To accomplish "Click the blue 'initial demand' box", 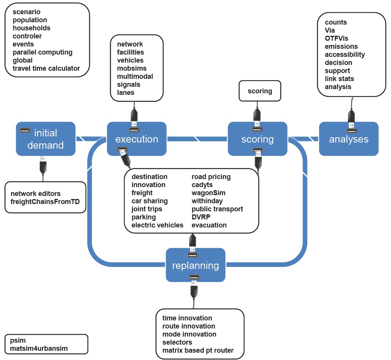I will (x=45, y=139).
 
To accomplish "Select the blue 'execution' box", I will (x=136, y=139).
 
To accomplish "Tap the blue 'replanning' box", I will (x=195, y=265).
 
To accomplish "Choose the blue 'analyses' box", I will (x=348, y=139).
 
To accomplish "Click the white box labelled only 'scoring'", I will (x=260, y=91).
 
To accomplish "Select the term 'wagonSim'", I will (x=208, y=193).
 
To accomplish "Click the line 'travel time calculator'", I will (x=46, y=68).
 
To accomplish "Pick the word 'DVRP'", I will (x=201, y=217).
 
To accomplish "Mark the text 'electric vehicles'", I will (x=157, y=225).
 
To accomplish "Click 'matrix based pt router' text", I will (x=198, y=350).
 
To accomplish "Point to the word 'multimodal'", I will (x=135, y=76).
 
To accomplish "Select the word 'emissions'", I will (x=341, y=46).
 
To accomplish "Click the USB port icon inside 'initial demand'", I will (x=26, y=130).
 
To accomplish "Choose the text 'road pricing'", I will (x=211, y=177).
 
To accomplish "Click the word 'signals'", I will (x=128, y=85).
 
